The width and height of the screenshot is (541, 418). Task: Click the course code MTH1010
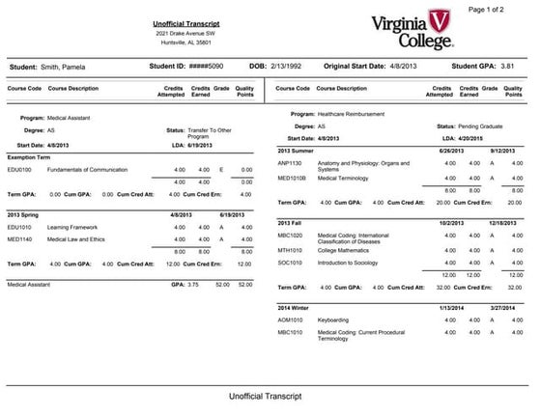291,248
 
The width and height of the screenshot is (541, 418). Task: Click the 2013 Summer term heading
297,151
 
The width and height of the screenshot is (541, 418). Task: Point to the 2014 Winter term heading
295,307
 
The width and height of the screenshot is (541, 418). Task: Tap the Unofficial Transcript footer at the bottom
265,396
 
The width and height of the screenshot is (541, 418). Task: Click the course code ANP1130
291,163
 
